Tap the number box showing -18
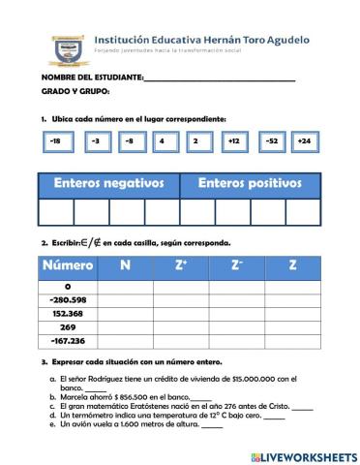pos(56,142)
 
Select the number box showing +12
pos(233,142)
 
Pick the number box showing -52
pos(273,142)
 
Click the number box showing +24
pos(305,142)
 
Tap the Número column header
pos(68,264)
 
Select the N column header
pos(126,264)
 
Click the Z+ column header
pos(182,264)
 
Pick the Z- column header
pos(237,264)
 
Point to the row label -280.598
pos(68,300)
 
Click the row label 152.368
pos(68,314)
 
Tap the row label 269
pos(68,327)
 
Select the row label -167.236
pos(68,341)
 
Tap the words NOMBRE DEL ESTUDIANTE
pos(92,77)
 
